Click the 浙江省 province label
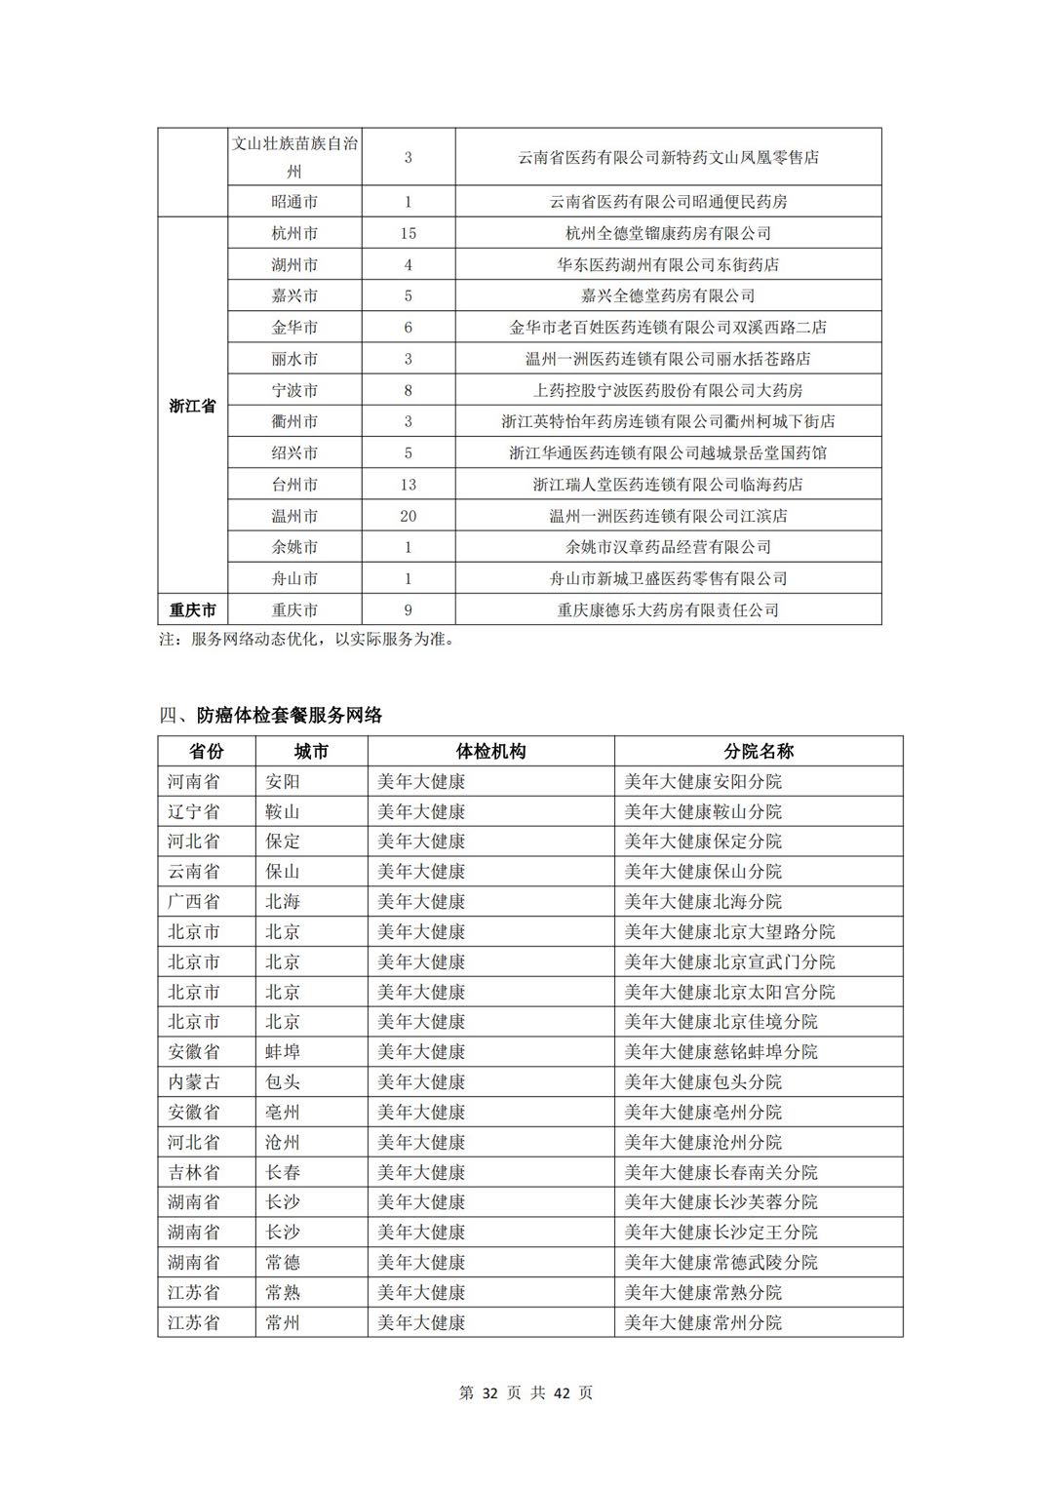192,406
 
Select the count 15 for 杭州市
408,233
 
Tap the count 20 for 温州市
408,516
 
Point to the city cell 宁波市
294,390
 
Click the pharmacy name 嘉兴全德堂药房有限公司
668,295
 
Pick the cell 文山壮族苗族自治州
294,157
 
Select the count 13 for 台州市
408,485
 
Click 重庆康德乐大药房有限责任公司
668,610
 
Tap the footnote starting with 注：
306,640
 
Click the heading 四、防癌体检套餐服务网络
271,715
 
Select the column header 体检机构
490,752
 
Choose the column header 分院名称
758,752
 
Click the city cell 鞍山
283,811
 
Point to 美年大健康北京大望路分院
729,931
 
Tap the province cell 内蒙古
193,1081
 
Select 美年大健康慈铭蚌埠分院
721,1051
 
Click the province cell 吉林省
193,1172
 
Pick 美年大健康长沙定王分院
721,1232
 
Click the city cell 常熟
283,1292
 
